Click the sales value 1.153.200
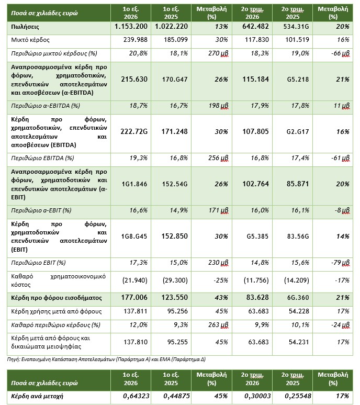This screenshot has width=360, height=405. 131,27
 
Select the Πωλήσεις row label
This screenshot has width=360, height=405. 25,27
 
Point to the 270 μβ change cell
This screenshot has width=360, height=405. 218,53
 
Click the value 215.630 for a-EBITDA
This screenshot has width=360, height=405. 134,80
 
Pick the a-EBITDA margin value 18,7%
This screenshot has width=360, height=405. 139,106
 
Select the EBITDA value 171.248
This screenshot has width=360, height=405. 175,132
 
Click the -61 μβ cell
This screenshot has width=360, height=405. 340,158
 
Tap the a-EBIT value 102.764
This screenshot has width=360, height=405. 256,184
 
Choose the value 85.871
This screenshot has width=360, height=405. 298,184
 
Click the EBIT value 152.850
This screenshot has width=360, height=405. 175,237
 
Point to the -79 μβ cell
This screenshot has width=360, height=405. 340,263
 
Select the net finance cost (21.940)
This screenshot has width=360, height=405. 135,280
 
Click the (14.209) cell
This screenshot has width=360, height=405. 297,280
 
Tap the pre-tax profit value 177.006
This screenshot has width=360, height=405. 134,298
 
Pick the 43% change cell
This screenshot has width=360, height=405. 221,298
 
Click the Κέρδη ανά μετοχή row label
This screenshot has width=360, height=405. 37,396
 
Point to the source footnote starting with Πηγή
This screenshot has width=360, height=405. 106,359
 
